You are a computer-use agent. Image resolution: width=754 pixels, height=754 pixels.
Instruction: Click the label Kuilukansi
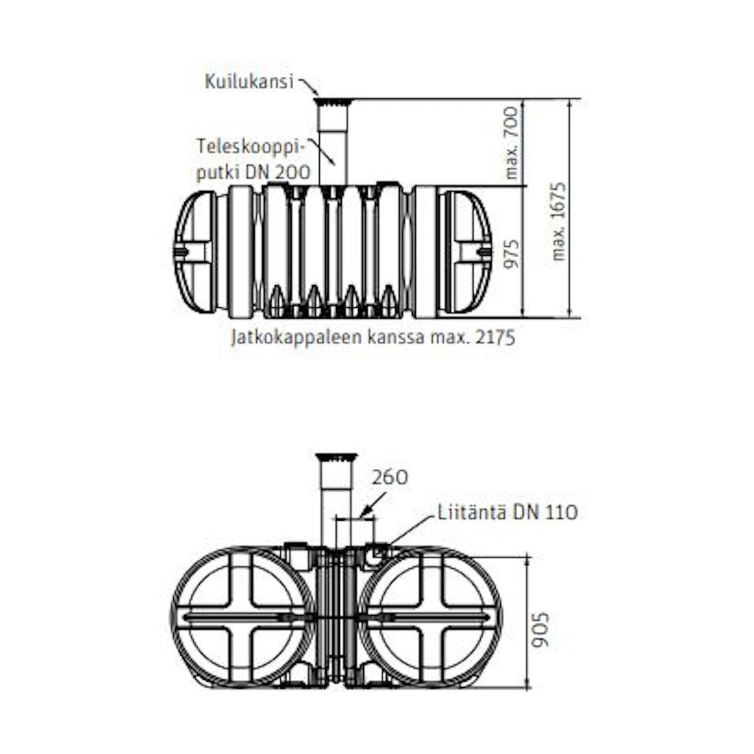249,82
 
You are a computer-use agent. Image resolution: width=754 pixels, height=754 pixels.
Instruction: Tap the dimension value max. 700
511,143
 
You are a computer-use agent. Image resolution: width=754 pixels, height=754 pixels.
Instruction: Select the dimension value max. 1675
560,221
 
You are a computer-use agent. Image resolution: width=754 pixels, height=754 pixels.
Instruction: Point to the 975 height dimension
511,254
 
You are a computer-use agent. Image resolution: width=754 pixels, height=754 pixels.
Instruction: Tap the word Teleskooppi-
250,147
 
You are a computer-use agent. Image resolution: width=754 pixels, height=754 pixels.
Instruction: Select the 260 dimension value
390,478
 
